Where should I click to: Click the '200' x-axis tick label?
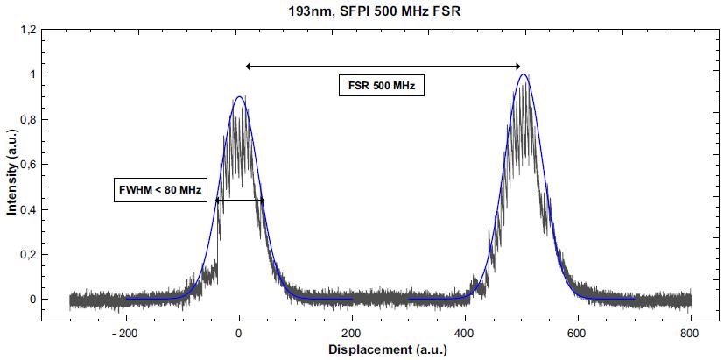tap(352, 333)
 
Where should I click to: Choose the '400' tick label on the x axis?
tap(465, 333)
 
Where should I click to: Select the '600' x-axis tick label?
tap(578, 333)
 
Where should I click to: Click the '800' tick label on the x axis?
tap(691, 333)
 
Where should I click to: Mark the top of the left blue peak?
tap(239, 97)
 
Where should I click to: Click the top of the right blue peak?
tap(524, 74)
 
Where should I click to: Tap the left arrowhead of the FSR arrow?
tap(249, 66)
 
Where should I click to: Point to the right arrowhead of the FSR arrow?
tap(519, 66)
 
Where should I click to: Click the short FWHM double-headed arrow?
tap(239, 201)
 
